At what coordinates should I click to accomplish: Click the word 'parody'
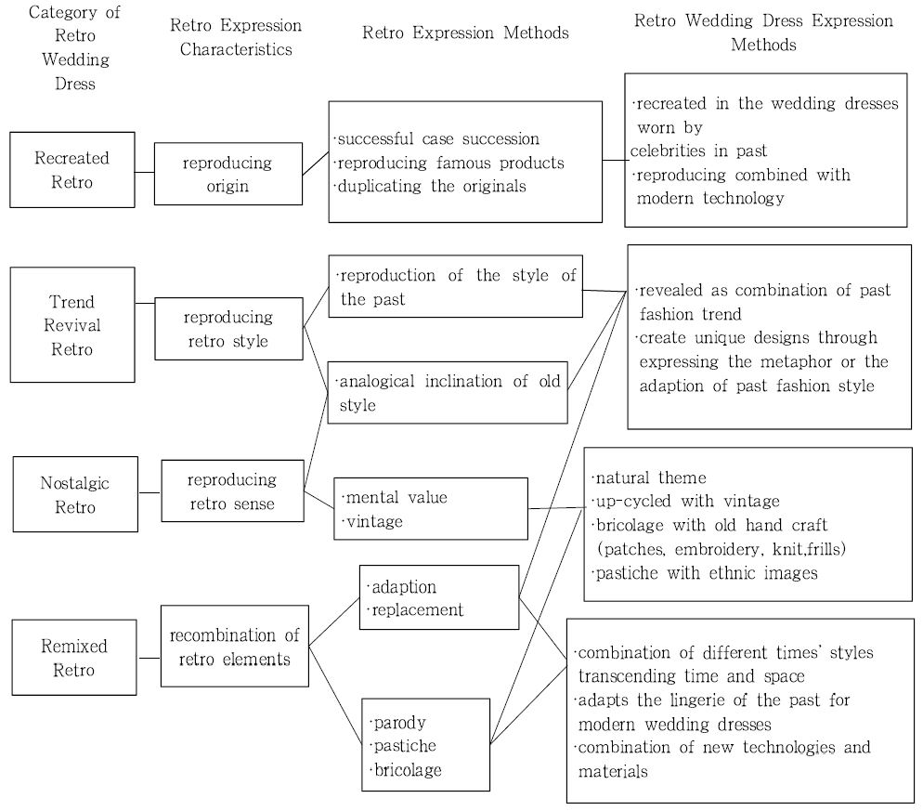coord(399,723)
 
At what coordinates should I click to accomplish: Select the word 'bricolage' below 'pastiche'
coord(408,770)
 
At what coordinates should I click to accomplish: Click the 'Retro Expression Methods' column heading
coord(465,33)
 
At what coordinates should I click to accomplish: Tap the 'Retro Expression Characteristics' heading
coord(236,37)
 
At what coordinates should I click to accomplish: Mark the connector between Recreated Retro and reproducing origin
coord(144,172)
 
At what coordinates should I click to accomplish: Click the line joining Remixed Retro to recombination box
coord(149,658)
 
